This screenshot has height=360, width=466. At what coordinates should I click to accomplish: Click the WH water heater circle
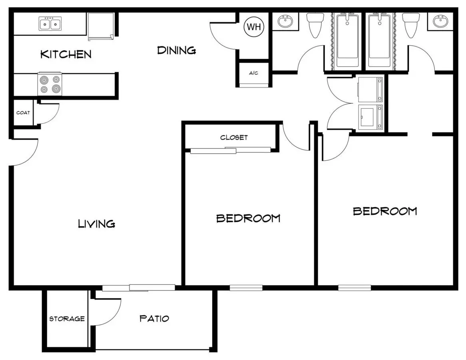[254, 27]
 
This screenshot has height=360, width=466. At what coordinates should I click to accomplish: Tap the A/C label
[253, 73]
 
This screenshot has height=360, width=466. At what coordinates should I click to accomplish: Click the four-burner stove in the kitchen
[50, 84]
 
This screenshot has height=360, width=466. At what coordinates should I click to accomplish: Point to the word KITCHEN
[66, 54]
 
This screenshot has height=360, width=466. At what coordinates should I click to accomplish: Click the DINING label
[177, 50]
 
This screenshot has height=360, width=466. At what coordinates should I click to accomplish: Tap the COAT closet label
[23, 113]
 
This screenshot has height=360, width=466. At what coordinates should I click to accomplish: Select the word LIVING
[97, 224]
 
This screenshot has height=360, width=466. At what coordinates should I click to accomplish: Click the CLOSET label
[234, 138]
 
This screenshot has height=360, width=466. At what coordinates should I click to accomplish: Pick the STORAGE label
[67, 319]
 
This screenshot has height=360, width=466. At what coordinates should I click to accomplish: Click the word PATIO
[154, 319]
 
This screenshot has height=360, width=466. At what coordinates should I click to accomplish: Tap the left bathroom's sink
[285, 21]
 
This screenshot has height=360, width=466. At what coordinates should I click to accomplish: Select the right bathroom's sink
[440, 21]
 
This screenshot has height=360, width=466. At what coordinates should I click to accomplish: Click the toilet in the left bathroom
[315, 25]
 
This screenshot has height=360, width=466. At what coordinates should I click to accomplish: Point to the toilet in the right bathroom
[411, 25]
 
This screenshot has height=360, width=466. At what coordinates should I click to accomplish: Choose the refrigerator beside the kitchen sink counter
[101, 26]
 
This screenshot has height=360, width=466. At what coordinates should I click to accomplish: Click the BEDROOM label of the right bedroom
[385, 211]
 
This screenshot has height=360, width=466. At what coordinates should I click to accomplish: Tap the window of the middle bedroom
[246, 288]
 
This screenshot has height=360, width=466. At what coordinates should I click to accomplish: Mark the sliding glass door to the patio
[139, 288]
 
